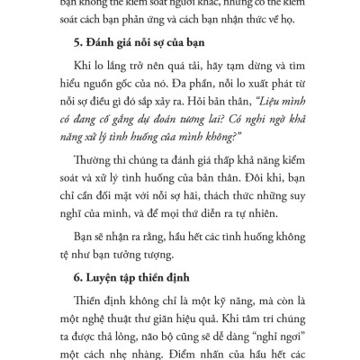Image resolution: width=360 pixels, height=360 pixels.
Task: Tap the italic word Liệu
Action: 267,114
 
